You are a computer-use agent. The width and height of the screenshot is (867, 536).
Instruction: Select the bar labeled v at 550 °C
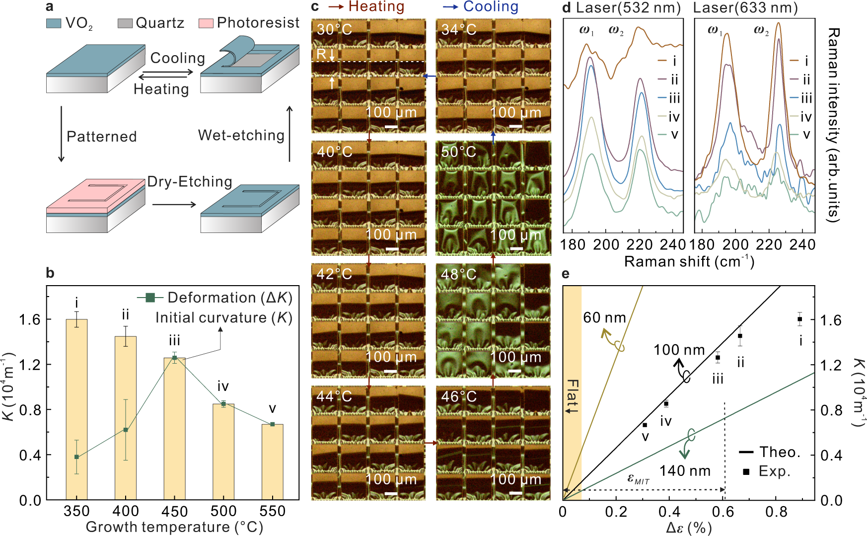[272, 462]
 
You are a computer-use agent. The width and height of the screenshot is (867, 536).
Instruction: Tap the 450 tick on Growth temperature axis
[174, 511]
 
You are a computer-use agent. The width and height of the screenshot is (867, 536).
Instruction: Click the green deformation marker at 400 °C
[126, 430]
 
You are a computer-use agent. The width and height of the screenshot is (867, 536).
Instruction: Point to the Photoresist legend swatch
[206, 23]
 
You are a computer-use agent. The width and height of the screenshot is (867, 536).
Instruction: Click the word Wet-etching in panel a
[241, 135]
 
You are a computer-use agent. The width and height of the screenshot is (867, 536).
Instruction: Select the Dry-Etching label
[190, 182]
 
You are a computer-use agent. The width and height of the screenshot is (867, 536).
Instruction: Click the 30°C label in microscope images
[334, 30]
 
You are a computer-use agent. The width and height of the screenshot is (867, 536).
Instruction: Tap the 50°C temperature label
[458, 152]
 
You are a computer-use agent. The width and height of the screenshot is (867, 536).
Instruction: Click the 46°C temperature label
[458, 396]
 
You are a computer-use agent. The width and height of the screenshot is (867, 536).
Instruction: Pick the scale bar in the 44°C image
[391, 493]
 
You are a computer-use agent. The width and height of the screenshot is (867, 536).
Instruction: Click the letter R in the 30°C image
[321, 54]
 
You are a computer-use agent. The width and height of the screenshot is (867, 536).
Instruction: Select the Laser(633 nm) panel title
[745, 8]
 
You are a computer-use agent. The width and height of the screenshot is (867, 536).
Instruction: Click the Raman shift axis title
[689, 261]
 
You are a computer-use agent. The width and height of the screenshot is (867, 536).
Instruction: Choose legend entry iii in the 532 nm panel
[674, 98]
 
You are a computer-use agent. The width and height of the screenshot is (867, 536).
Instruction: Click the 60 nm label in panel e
[604, 318]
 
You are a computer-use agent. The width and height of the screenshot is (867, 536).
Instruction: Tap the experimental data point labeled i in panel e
[799, 319]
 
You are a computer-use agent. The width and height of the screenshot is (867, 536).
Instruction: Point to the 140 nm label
[685, 471]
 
